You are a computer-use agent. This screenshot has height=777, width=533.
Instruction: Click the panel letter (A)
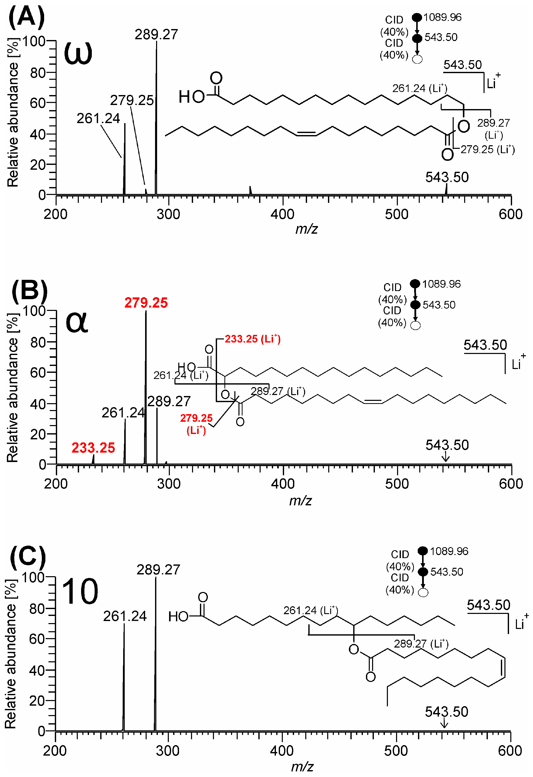coord(26,17)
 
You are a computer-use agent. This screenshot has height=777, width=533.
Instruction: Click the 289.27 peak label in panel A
coord(156,34)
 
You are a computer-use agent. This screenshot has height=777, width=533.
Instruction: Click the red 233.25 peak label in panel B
coord(93,448)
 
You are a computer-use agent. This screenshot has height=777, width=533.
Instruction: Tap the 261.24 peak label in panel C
coord(125,616)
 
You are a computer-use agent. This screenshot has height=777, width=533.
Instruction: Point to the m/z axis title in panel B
coord(300,501)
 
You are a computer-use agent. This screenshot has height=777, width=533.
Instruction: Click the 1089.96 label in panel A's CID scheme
coord(442,17)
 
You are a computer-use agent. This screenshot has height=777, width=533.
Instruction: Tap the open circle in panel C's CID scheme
coord(423,593)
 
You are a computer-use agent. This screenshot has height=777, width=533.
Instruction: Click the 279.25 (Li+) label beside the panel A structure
coord(488,149)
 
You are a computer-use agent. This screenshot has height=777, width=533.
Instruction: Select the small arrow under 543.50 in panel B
coord(445,457)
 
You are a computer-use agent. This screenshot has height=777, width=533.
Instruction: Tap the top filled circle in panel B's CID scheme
coord(415,284)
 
